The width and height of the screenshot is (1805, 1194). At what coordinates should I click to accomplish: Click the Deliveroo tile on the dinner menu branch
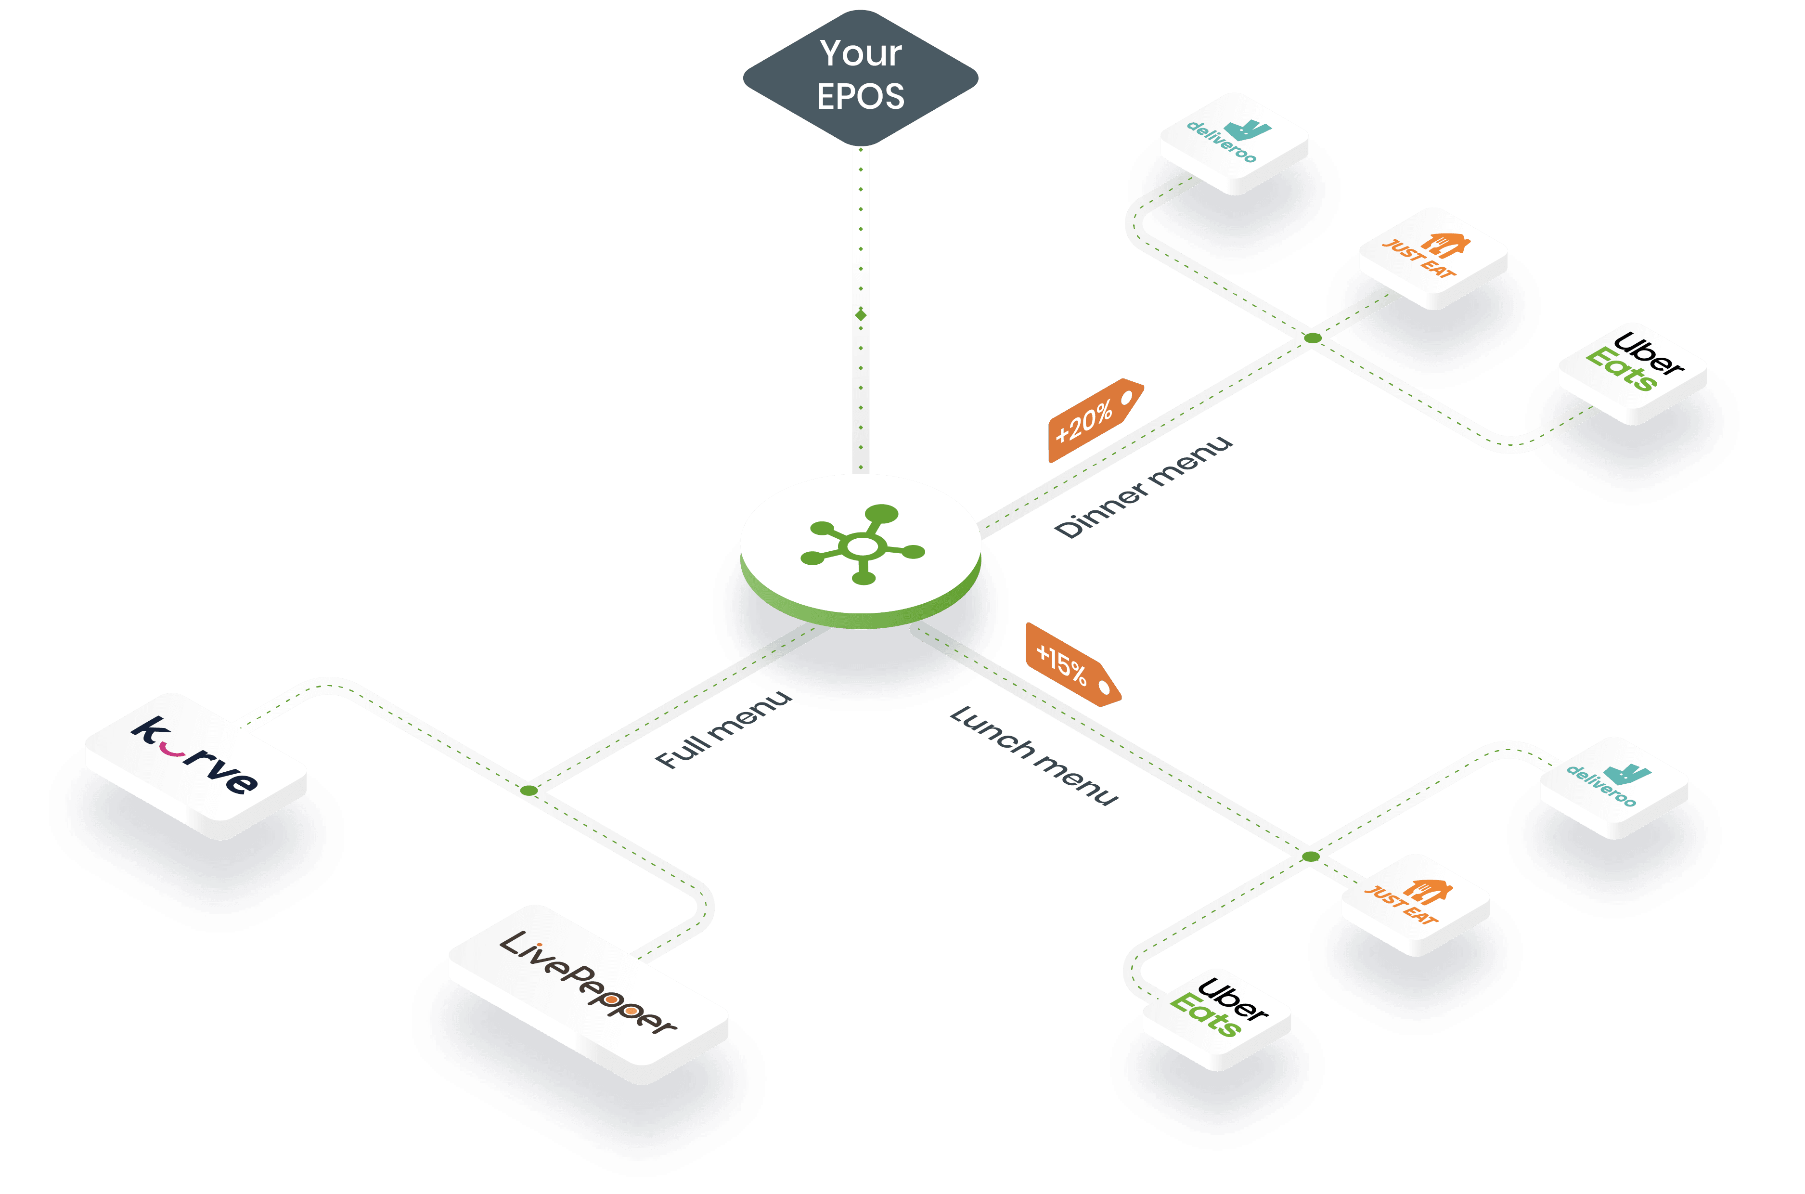(x=1234, y=142)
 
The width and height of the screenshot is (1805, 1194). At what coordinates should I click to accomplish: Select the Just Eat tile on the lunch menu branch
(x=1415, y=902)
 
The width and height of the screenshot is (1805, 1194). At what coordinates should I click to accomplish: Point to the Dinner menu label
(x=1144, y=487)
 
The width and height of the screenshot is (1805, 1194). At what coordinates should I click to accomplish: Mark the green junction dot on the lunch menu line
(x=1310, y=857)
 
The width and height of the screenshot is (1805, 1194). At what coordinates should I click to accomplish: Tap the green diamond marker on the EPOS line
(x=861, y=314)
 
